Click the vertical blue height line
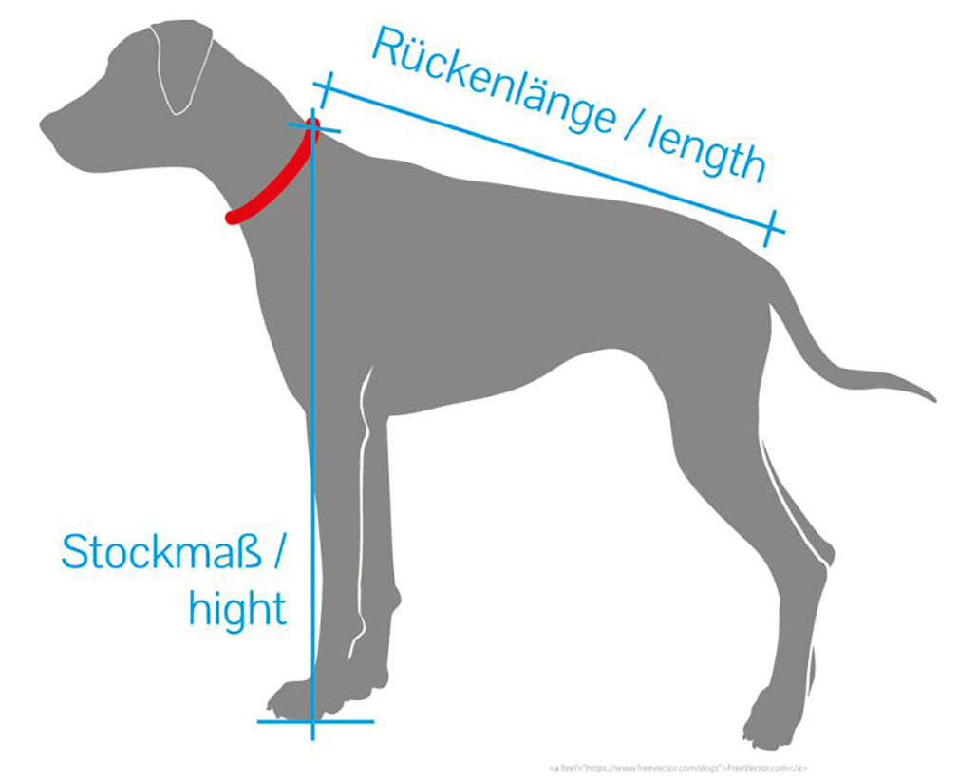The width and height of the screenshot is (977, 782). coord(311,428)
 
